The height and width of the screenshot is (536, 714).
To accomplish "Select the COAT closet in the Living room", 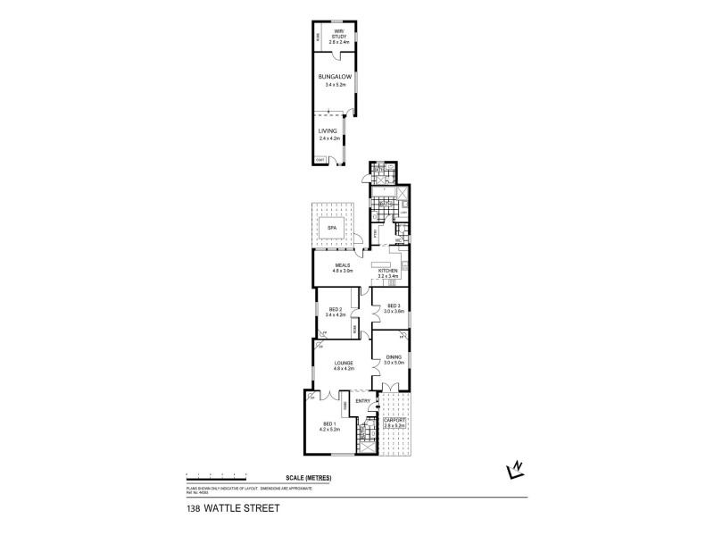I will coord(320,160).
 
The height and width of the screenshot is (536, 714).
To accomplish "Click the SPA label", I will coord(332,228).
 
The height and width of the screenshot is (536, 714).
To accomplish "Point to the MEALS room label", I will coord(344,264).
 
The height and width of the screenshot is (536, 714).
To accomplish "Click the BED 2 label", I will coord(336,309).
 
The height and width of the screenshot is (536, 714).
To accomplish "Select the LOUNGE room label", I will coord(345,363).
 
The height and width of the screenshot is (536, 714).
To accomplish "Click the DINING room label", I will coord(394,357).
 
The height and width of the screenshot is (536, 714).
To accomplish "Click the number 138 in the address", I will coord(193,509).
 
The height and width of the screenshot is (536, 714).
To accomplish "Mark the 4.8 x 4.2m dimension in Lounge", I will coord(345,368).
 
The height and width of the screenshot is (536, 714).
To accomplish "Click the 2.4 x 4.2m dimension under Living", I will coord(331,138).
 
